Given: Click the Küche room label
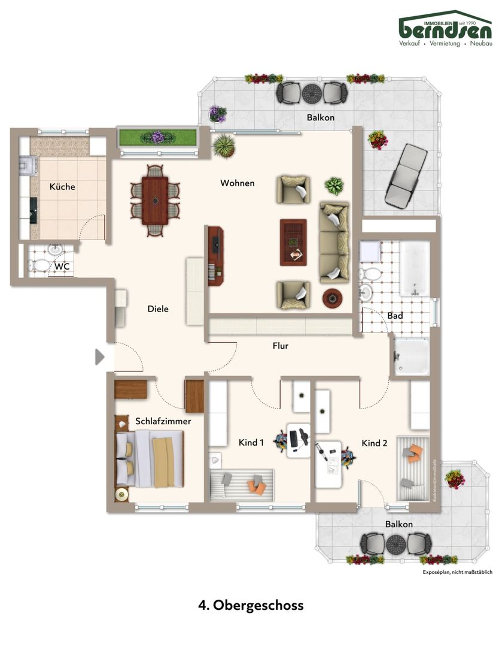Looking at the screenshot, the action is [x=62, y=186].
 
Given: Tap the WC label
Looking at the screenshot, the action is [x=62, y=266].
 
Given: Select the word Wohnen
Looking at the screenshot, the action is [x=238, y=183].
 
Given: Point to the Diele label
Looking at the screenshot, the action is [x=158, y=309].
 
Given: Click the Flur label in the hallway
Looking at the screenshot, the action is [x=280, y=346].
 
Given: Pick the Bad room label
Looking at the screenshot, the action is [x=395, y=316].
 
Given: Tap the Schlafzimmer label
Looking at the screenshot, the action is [x=163, y=421].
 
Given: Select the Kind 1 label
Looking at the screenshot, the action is [x=251, y=442].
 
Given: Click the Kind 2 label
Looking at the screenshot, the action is [x=374, y=443].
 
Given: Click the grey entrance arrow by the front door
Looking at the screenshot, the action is [x=99, y=357].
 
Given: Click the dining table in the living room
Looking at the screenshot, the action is [x=155, y=201].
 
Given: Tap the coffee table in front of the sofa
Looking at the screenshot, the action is [x=293, y=242].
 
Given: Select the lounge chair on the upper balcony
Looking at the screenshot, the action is [x=406, y=174].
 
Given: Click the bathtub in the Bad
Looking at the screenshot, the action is [x=415, y=268].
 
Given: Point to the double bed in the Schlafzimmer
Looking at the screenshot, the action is [x=149, y=458].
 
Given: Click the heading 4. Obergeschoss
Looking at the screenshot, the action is [x=251, y=605].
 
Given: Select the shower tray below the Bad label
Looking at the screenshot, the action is [x=412, y=356].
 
